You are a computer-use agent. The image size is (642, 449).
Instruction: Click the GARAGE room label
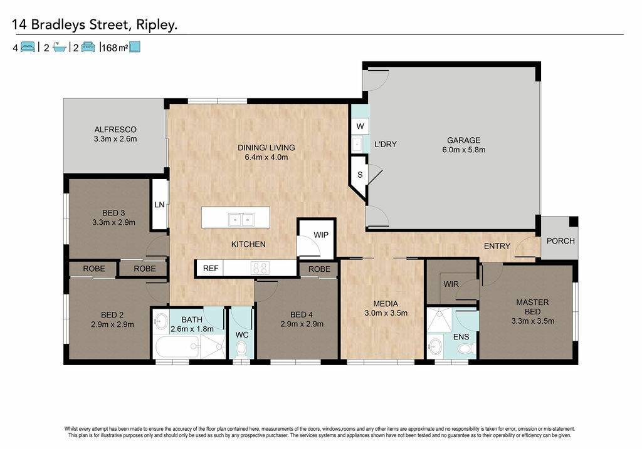point(463,140)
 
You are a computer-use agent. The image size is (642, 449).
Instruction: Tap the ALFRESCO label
point(115,130)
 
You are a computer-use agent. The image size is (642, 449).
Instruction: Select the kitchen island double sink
point(241,220)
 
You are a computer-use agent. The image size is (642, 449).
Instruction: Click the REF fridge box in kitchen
point(211,268)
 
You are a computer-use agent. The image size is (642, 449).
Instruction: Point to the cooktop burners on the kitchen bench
point(260,268)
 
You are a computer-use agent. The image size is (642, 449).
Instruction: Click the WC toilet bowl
point(241,349)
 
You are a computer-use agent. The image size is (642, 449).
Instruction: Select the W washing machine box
point(360,126)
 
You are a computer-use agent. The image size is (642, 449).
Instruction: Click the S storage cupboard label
point(360,175)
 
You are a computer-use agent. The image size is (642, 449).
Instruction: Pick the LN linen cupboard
point(159,205)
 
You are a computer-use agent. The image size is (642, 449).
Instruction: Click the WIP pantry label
point(321,235)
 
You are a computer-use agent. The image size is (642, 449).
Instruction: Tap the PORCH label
point(560,241)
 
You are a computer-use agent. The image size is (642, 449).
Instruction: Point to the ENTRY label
point(497,246)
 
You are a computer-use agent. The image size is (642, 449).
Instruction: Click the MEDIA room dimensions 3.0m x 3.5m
point(386,313)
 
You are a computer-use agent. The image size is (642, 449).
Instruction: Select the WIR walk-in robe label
point(451,284)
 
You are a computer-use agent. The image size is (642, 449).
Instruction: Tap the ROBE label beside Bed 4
point(319,269)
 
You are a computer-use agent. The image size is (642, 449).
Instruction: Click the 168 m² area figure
point(115,48)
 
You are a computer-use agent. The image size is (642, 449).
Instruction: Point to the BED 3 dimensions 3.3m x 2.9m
point(114,222)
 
